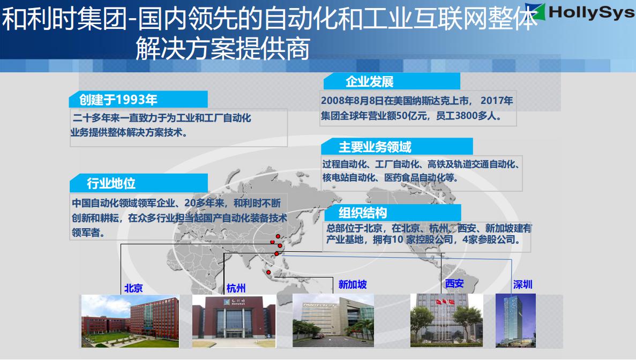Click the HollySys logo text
coord(592,12)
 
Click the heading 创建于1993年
coord(118,99)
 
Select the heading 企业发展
coord(370,81)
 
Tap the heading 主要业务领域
coord(375,147)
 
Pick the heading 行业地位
coord(111,183)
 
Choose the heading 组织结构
coord(363,213)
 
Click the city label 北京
coord(133,288)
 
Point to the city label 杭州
coord(236,288)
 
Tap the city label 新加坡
coord(353,284)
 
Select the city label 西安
coord(454,283)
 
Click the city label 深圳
coord(523,284)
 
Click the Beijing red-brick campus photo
coord(130,321)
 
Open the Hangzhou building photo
coord(234,321)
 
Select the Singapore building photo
coord(333,320)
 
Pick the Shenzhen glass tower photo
coord(515,320)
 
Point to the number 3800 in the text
coord(466,116)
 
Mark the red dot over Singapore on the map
coord(268,273)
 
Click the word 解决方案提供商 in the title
coord(223,49)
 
